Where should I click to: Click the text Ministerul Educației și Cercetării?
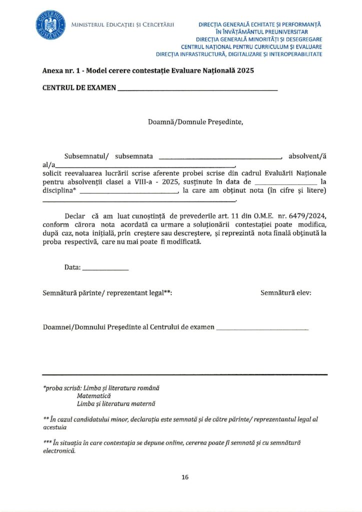click(122, 24)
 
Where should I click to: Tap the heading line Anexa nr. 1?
click(148, 71)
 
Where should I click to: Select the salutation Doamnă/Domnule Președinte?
click(195, 121)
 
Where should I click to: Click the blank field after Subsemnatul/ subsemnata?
click(220, 157)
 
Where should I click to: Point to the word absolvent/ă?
click(307, 155)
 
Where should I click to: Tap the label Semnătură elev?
click(286, 293)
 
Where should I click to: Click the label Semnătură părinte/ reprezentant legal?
click(107, 293)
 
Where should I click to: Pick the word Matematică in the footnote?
click(93, 395)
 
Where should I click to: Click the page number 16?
click(185, 477)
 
